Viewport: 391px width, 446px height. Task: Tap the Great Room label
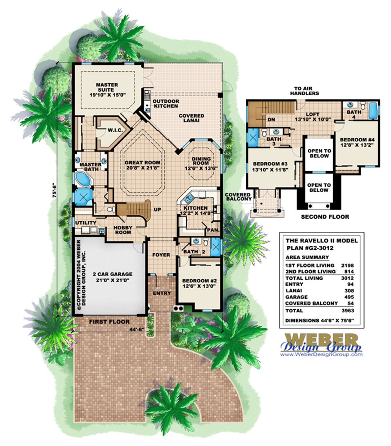[142, 165]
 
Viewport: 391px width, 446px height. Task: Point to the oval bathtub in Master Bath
[83, 180]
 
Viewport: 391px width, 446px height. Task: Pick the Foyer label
[161, 255]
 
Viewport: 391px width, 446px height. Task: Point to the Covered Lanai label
[192, 118]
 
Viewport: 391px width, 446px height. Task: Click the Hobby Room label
[122, 230]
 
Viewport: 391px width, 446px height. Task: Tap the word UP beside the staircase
[158, 210]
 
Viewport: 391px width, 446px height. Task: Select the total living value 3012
[347, 278]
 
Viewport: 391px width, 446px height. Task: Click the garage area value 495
[349, 297]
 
